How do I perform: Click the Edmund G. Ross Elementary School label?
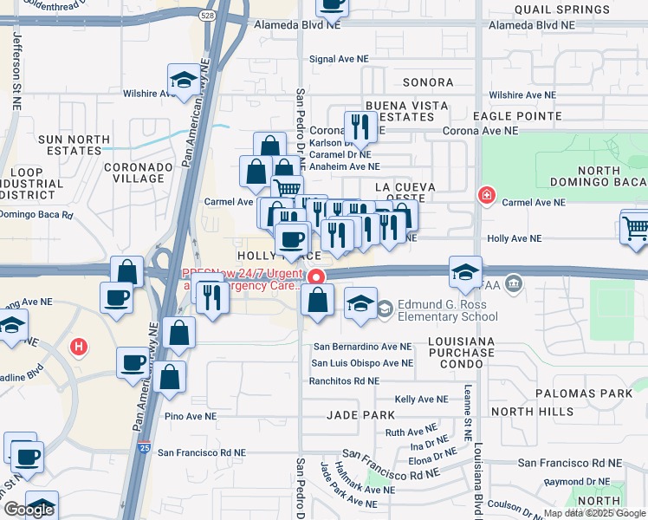point(448,310)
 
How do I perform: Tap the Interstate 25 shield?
point(144,449)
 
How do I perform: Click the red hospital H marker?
point(79,348)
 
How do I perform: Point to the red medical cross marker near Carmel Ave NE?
point(487,195)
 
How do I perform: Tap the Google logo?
point(29,510)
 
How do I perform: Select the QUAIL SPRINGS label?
point(546,9)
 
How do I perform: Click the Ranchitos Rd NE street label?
point(344,380)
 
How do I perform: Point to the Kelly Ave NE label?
point(421,399)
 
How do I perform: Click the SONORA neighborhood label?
point(428,82)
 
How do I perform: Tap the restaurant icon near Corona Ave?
point(360,127)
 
